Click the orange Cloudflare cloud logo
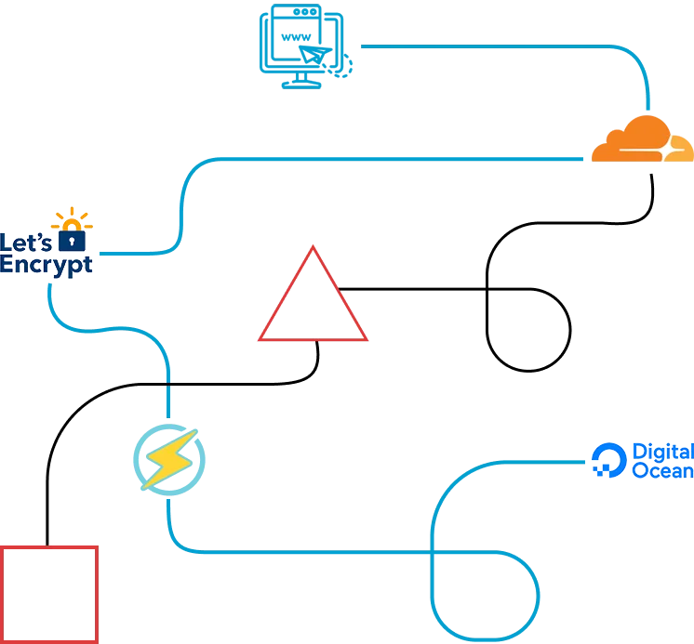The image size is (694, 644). [x=642, y=139]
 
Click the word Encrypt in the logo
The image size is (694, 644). [x=47, y=264]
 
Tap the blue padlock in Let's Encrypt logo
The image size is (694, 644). [x=72, y=241]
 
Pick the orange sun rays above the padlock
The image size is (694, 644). [x=73, y=219]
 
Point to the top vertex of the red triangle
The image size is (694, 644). [x=314, y=248]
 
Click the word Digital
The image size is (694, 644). [x=662, y=453]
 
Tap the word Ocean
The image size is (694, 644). [x=662, y=471]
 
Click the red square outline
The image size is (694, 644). [x=49, y=594]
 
